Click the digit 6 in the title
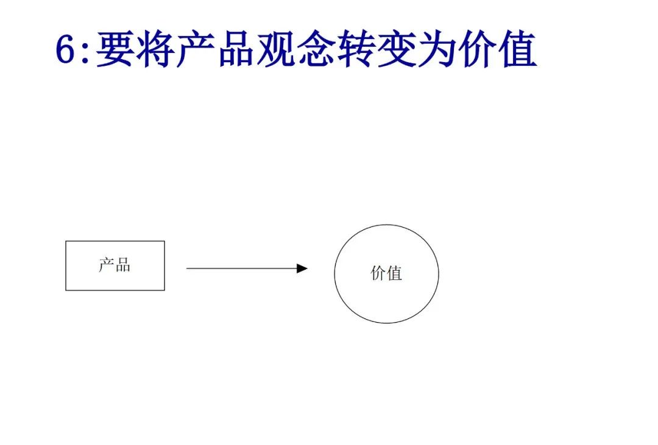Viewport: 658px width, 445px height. (x=65, y=49)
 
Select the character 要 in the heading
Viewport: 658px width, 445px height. (x=115, y=49)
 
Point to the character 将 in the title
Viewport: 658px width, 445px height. (x=156, y=49)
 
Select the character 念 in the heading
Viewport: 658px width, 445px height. (x=316, y=49)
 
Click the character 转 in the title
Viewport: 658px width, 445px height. (x=356, y=49)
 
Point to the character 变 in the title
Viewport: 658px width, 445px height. (x=397, y=49)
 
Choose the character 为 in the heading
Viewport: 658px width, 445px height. (x=437, y=49)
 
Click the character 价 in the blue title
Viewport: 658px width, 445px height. (x=478, y=49)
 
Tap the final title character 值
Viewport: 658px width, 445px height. (x=518, y=49)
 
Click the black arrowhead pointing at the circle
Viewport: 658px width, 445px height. (x=302, y=268)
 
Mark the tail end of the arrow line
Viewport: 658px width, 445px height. (x=186, y=268)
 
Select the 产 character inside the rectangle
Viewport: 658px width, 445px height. (x=107, y=265)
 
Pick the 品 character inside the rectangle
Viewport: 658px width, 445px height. (x=122, y=265)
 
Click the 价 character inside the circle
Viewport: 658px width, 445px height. (x=378, y=273)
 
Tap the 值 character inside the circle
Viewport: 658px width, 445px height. (x=394, y=273)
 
